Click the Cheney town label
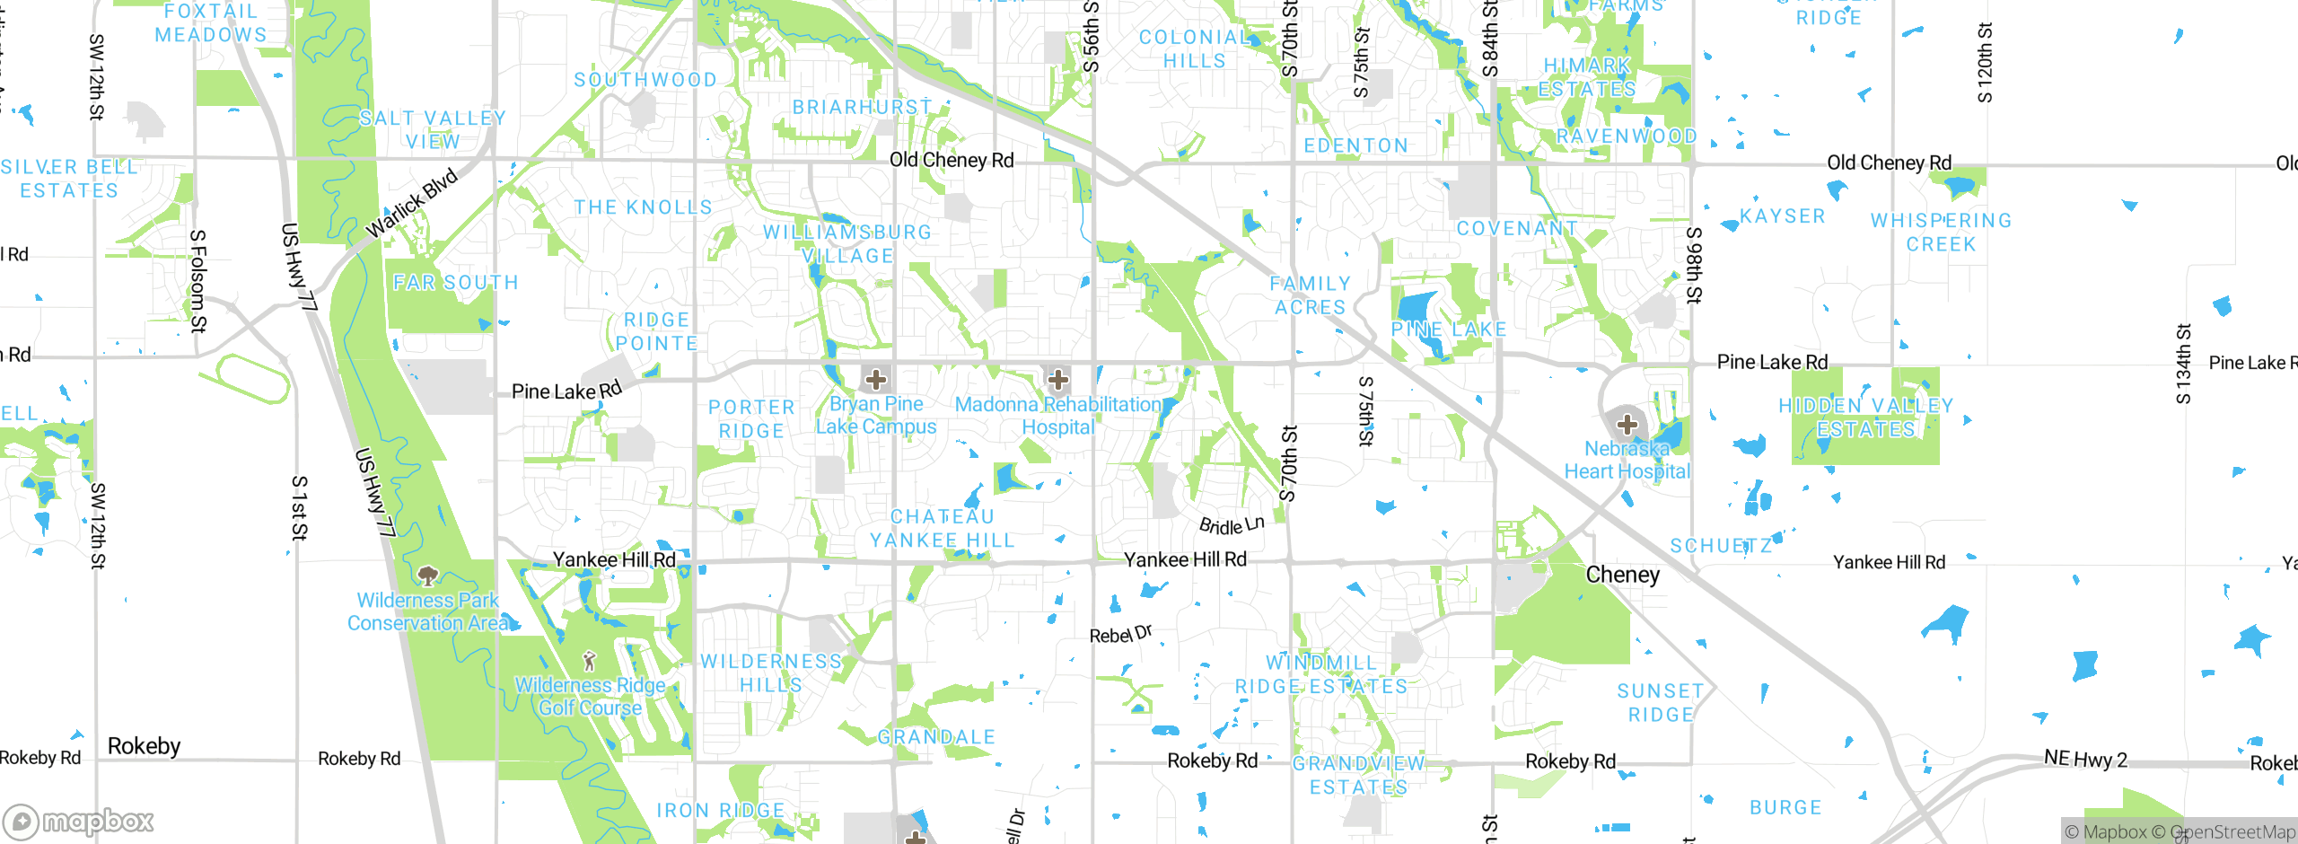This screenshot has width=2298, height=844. (x=1622, y=575)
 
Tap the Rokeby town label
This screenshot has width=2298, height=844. (x=144, y=746)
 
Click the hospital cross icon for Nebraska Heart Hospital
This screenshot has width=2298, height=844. (x=1627, y=425)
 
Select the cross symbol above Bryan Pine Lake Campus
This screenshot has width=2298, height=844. (x=876, y=380)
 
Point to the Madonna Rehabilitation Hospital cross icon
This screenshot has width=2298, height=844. (x=1058, y=380)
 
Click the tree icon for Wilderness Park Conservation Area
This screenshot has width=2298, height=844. (x=428, y=575)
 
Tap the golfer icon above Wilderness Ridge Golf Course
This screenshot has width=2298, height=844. (x=589, y=662)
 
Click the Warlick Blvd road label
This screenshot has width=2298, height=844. (x=412, y=203)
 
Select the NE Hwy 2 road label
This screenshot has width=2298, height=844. (x=2085, y=759)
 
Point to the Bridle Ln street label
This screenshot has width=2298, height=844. (x=1232, y=525)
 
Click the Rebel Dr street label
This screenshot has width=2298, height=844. (x=1120, y=634)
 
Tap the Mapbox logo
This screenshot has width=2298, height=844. (x=79, y=821)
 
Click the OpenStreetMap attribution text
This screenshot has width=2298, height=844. (x=2232, y=832)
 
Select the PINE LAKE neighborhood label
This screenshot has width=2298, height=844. (x=1448, y=330)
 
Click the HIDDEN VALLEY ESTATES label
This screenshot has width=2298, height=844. (x=1866, y=418)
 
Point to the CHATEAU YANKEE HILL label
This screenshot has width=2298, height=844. (x=943, y=529)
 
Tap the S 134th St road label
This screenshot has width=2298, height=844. (x=2183, y=364)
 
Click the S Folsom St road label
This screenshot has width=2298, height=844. (x=198, y=281)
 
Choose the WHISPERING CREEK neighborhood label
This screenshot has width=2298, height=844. (x=1941, y=233)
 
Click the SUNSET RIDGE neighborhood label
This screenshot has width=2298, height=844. (x=1660, y=703)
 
